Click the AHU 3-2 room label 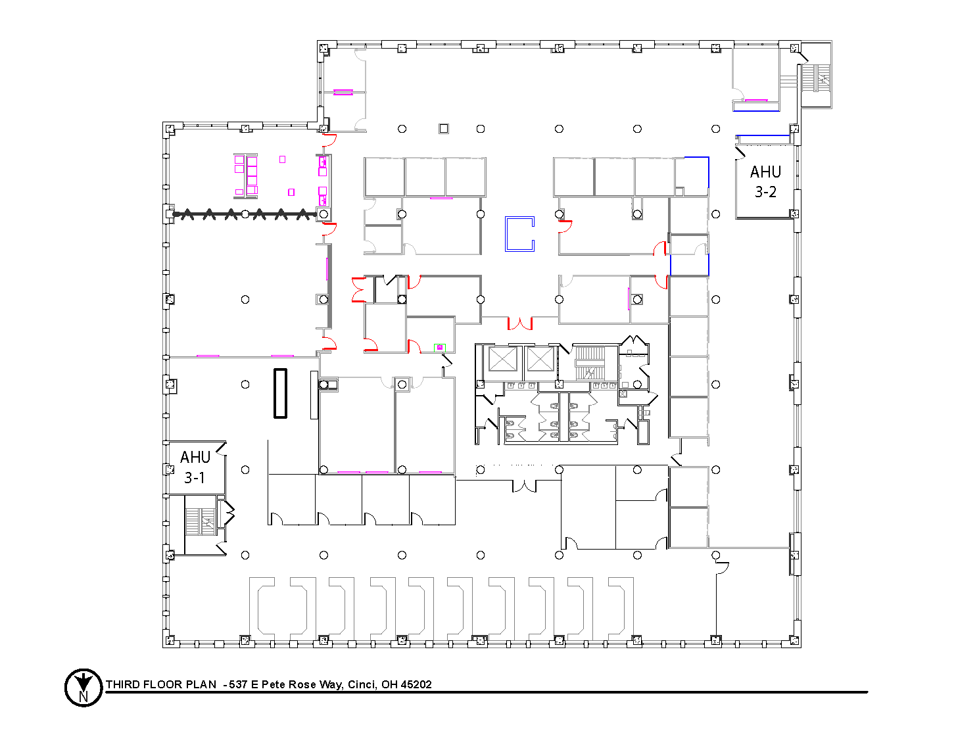coord(765,181)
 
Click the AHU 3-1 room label coord(195,467)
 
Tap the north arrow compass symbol coord(84,687)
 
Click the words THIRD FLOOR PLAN coord(160,684)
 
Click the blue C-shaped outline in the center coord(506,234)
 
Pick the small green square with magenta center coord(439,347)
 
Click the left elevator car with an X coord(502,359)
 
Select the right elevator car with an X coord(540,359)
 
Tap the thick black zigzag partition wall coord(245,214)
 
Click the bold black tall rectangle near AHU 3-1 coord(280,393)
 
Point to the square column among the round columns coord(443,128)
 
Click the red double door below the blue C coord(519,323)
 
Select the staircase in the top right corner coord(816,78)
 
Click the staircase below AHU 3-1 coord(201,521)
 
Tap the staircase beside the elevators coord(590,363)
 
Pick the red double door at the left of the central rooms coord(358,289)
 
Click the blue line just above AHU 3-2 coord(763,135)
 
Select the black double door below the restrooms coord(524,486)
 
